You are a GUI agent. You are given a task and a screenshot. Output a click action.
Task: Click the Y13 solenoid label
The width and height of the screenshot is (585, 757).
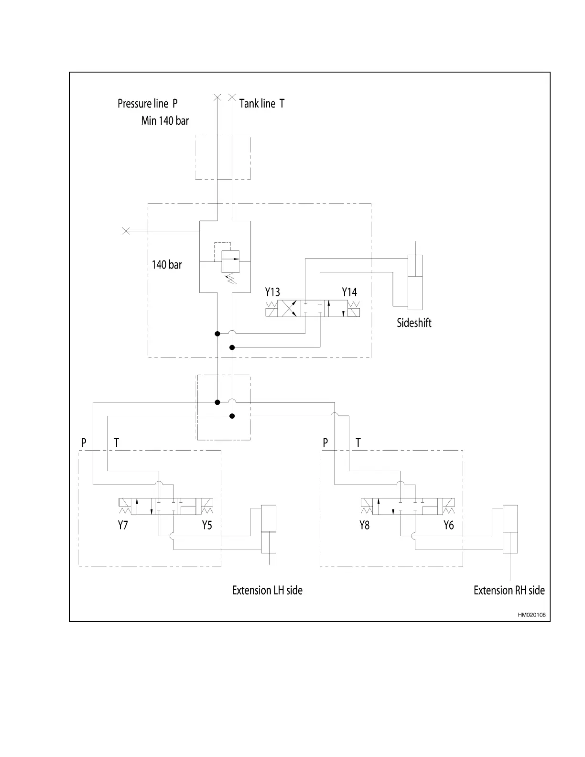click(x=272, y=292)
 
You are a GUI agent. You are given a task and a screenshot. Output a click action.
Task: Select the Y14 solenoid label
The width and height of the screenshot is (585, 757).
click(x=349, y=292)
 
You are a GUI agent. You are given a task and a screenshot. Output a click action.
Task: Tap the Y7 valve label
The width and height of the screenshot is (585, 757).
click(x=123, y=525)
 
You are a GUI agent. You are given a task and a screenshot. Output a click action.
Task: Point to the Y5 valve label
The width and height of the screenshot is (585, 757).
click(x=206, y=525)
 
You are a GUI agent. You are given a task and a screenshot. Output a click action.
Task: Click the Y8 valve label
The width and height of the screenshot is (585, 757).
click(x=364, y=525)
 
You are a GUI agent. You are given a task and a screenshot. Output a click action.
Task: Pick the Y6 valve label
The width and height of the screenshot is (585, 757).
click(x=448, y=525)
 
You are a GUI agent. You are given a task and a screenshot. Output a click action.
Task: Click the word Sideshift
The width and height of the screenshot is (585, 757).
click(x=414, y=323)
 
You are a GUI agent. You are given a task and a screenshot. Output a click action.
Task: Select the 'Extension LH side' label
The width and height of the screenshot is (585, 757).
click(x=267, y=590)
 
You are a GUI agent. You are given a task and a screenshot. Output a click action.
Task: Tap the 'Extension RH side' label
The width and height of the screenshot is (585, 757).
click(x=509, y=590)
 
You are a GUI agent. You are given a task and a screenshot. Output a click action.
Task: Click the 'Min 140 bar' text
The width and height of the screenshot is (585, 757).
click(x=165, y=121)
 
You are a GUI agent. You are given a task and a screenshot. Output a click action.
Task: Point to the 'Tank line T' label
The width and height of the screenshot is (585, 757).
click(x=262, y=104)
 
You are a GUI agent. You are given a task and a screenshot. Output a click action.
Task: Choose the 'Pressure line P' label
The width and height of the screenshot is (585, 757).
click(x=148, y=104)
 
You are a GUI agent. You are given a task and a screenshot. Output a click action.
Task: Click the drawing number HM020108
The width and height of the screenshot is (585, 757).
click(x=531, y=615)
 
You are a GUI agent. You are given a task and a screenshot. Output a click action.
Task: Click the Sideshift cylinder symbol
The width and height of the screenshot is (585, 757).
click(x=415, y=282)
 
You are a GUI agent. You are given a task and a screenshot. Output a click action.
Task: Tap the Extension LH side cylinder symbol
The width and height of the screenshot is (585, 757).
click(x=269, y=529)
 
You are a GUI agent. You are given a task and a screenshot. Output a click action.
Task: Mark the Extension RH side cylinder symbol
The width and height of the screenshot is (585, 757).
click(x=510, y=529)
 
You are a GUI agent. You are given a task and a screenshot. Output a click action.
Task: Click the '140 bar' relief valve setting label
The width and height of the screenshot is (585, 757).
click(x=167, y=265)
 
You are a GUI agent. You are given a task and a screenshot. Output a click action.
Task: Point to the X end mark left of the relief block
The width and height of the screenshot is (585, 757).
click(x=126, y=231)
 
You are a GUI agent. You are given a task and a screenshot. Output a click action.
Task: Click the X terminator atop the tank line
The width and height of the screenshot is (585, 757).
click(x=232, y=97)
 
